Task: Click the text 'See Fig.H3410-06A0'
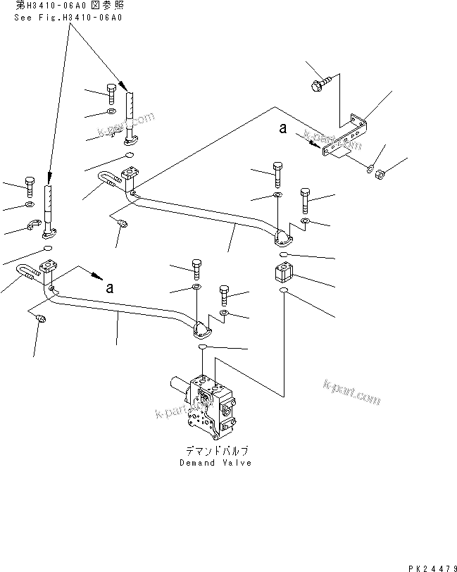pos(68,18)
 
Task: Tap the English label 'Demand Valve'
pos(215,463)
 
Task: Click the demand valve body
pos(208,405)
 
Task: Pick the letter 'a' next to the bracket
pos(283,128)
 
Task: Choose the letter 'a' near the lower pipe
pos(109,287)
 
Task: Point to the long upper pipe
pos(204,215)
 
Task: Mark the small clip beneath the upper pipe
pos(121,224)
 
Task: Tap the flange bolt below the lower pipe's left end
pos(39,319)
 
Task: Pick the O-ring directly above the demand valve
pos(202,347)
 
